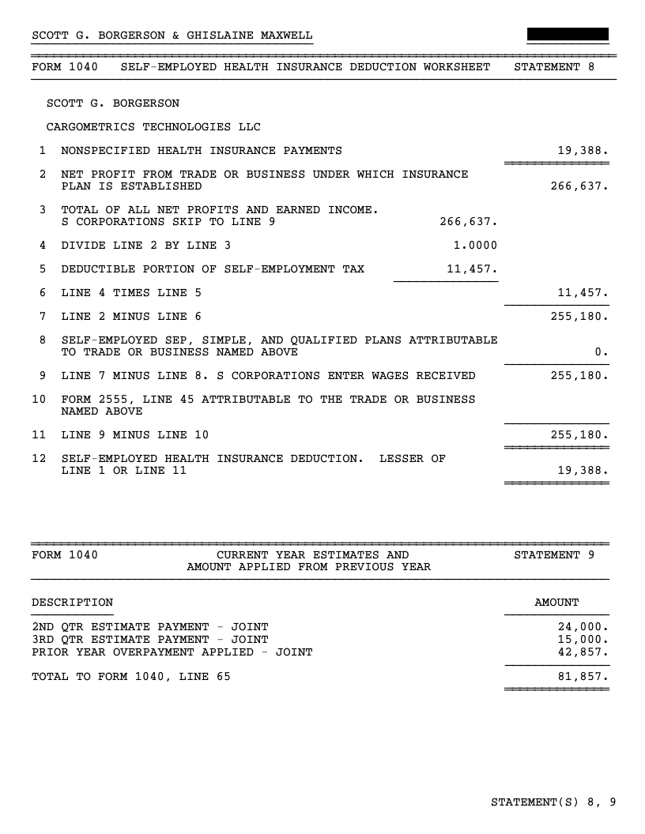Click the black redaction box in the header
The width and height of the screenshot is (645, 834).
coord(568,35)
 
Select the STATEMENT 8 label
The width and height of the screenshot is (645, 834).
coord(554,67)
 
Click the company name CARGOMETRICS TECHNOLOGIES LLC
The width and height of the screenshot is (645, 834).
coord(153,127)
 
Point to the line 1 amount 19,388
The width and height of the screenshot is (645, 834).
coord(583,151)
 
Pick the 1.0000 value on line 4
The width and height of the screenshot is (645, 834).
coord(472,246)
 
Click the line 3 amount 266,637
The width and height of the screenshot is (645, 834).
coord(468,222)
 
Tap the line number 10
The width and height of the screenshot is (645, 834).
coord(39,400)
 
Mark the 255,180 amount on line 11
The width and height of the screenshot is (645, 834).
coord(579,435)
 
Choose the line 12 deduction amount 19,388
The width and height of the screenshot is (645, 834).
coord(583,471)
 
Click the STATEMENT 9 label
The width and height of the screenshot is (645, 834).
coord(554,555)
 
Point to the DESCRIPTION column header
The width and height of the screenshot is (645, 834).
coord(72,603)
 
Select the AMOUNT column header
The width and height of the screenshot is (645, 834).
coord(556,603)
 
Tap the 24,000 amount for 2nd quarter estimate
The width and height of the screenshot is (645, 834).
coord(583,627)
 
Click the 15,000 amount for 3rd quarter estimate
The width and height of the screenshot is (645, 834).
coord(583,640)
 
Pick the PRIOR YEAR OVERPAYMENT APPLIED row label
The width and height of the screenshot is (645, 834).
coord(172,652)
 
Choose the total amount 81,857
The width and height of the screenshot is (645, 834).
coord(583,676)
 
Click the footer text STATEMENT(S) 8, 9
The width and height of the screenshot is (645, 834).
coord(553,803)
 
